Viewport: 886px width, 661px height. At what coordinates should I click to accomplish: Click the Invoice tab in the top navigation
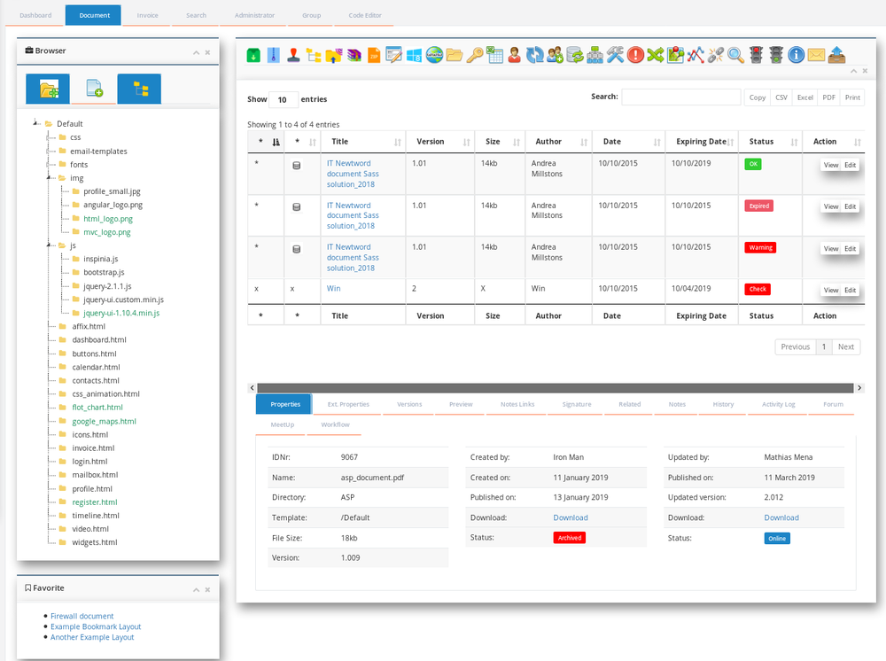(147, 15)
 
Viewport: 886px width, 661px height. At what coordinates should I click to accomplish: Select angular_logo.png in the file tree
(113, 205)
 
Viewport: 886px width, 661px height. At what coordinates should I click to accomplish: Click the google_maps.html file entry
(104, 421)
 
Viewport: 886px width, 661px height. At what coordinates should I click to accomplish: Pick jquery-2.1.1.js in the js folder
(107, 286)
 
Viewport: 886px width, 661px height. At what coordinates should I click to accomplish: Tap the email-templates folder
(98, 151)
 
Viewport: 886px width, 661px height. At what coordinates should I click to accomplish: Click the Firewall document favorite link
(82, 616)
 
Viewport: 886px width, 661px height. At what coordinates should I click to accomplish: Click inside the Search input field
(680, 97)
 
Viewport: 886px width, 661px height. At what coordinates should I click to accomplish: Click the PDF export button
(828, 97)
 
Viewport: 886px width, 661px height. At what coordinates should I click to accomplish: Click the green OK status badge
(753, 164)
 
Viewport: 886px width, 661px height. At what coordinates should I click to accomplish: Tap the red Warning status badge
(760, 247)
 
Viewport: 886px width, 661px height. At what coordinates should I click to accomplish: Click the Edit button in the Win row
(850, 290)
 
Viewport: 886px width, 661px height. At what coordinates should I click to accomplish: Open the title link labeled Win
(334, 288)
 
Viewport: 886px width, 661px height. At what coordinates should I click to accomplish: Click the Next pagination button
(845, 346)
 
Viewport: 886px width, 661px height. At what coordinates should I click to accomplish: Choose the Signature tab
(576, 404)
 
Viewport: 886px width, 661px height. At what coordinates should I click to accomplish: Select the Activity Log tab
(778, 404)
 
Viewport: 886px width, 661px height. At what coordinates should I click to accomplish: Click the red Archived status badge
(569, 538)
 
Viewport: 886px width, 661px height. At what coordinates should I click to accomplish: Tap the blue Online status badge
(777, 538)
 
